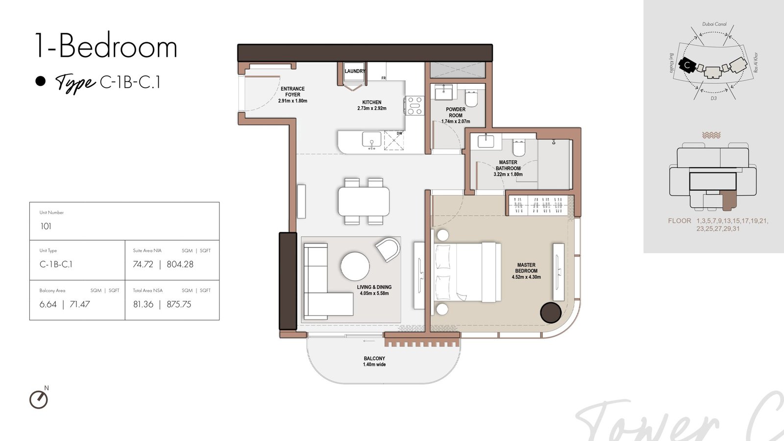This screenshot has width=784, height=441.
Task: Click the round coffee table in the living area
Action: pos(355,267)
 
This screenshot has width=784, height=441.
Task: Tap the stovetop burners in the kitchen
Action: pos(415,106)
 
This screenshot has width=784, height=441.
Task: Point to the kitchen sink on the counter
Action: pos(372,139)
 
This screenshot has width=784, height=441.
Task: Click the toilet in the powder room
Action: pos(471,98)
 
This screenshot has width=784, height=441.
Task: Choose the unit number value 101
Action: pos(46,226)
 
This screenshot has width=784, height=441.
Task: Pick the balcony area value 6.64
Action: pos(48,304)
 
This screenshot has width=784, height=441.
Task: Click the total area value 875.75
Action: pos(179,304)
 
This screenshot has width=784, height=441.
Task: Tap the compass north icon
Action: pos(39,399)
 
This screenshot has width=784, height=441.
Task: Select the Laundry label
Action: pos(355,71)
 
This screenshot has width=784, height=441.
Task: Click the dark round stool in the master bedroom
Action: pos(551,313)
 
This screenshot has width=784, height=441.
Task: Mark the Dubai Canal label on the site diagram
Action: pos(714,24)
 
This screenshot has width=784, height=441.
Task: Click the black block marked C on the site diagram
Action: pos(687,65)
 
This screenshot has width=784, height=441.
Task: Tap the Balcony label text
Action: pos(374,361)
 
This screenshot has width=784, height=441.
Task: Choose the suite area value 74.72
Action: pos(143,264)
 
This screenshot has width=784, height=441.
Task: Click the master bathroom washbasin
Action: pos(486,141)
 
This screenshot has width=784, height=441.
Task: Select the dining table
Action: pos(364,201)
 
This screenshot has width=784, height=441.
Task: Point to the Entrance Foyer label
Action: pos(293,95)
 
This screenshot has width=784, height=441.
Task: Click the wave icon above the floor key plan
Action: pos(711,135)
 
